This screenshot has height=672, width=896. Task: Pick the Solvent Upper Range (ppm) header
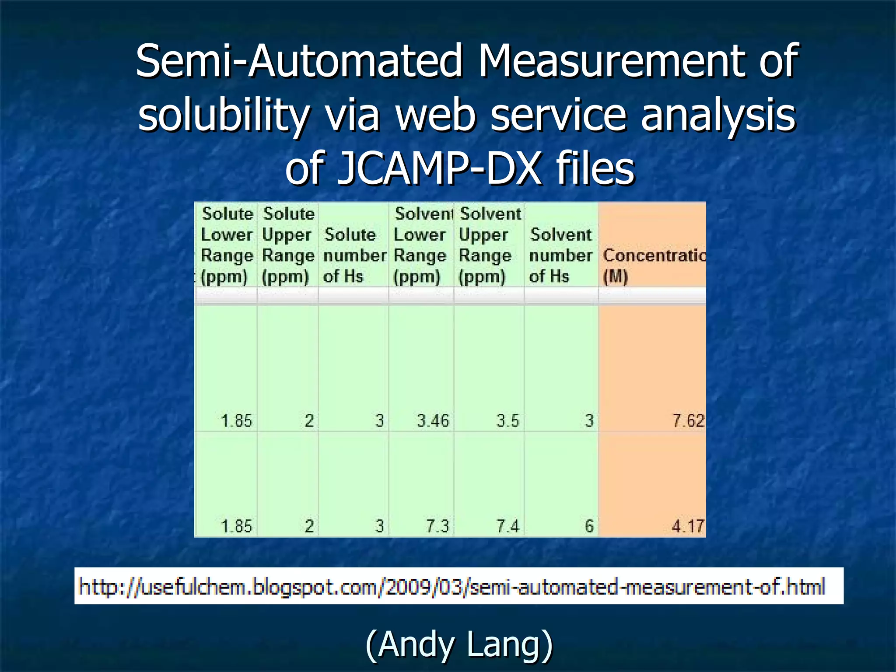click(488, 245)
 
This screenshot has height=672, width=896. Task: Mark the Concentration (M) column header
click(653, 265)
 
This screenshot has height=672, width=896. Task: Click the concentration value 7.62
click(688, 421)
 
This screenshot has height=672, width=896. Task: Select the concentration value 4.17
click(688, 526)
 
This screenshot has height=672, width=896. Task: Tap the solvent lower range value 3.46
click(433, 421)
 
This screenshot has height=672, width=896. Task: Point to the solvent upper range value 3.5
click(507, 421)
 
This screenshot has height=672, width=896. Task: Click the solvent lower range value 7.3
click(437, 526)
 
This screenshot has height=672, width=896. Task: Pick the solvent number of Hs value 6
click(589, 526)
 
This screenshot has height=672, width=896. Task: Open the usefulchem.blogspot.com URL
click(451, 587)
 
